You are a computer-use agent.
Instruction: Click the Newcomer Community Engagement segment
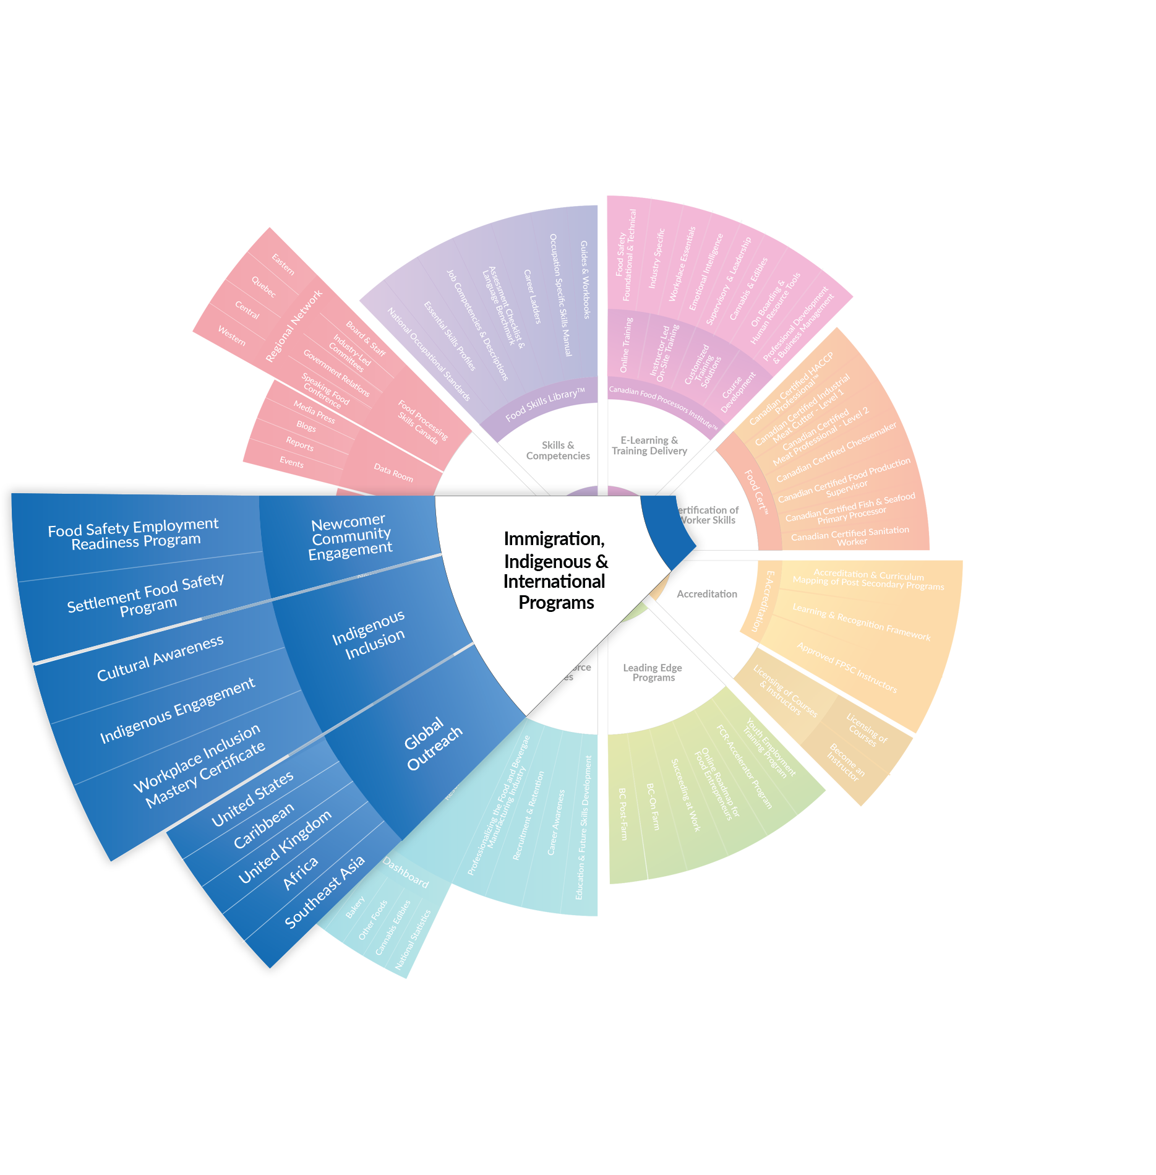pos(350,536)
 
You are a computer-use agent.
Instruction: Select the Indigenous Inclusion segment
pos(369,635)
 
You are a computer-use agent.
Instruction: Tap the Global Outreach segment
pos(433,744)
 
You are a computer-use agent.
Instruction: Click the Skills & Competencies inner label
pos(558,450)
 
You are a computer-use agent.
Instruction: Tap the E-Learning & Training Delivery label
pos(649,445)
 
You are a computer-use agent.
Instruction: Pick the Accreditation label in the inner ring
pos(707,594)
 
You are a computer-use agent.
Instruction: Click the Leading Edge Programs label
pos(653,673)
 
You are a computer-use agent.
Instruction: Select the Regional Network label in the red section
pos(294,326)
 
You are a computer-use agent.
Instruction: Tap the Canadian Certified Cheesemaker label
pos(836,452)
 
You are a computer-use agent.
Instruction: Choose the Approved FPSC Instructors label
pos(847,668)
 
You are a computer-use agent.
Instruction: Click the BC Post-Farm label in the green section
pos(623,814)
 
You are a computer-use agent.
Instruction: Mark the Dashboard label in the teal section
pos(406,872)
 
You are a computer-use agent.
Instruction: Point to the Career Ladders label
pos(532,296)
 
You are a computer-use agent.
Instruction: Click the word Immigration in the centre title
pos(554,539)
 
